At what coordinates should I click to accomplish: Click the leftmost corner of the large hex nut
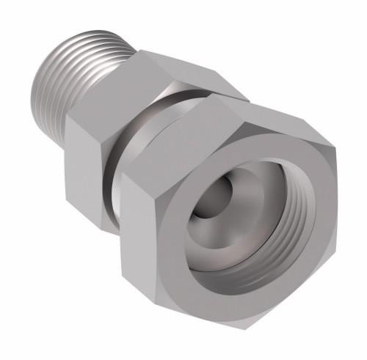tap(122, 176)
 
